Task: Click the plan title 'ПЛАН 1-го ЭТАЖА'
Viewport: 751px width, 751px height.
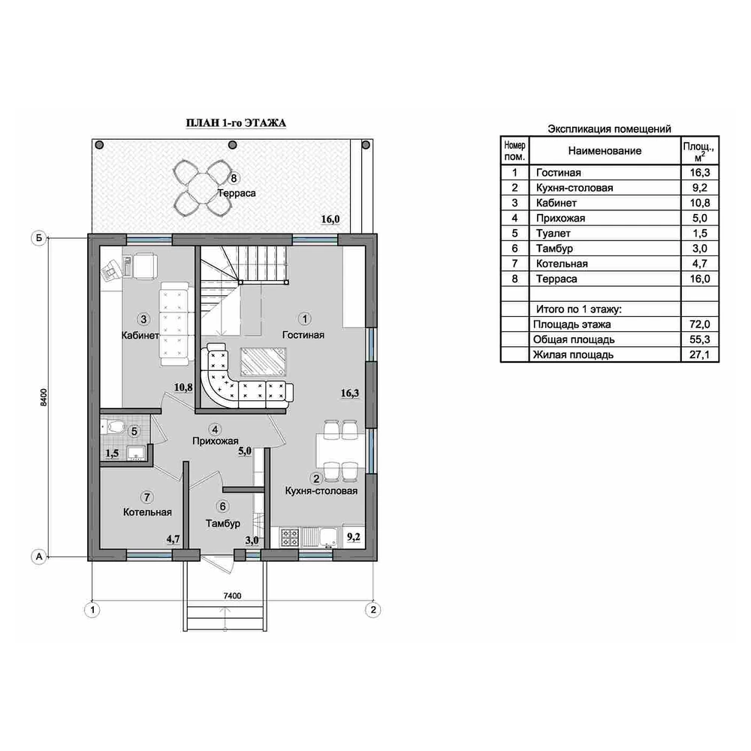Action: [x=236, y=123]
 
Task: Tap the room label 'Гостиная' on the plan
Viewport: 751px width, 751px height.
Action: [x=303, y=335]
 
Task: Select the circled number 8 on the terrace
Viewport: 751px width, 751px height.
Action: [x=234, y=179]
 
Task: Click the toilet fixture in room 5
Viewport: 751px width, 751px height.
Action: [x=114, y=426]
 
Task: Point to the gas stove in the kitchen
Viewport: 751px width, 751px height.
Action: [x=290, y=537]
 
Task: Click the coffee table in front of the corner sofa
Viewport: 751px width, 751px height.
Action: [x=263, y=362]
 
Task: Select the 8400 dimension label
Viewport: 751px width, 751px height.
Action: [x=44, y=397]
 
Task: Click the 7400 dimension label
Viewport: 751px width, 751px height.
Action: [x=232, y=596]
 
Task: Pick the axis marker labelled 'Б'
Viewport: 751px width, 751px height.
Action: [x=39, y=238]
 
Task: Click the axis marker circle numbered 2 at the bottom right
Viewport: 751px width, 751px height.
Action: [x=372, y=610]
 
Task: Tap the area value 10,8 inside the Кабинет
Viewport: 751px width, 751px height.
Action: [x=183, y=387]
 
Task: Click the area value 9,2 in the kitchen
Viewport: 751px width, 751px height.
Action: [x=354, y=537]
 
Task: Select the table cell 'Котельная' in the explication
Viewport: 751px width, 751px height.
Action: [x=562, y=264]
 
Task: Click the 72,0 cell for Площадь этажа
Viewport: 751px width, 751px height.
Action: [x=700, y=324]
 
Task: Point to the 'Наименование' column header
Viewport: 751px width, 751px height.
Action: [x=605, y=151]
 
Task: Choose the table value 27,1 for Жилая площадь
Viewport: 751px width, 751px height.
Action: [x=700, y=355]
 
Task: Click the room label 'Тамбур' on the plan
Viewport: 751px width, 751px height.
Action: [x=223, y=523]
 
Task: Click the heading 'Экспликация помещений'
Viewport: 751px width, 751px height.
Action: [x=609, y=129]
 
